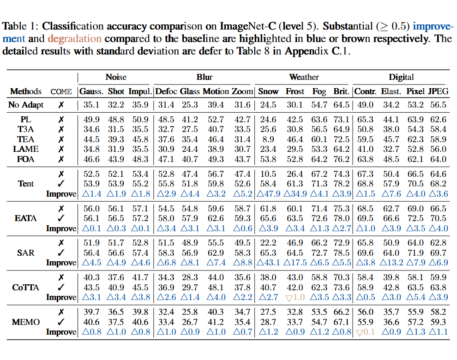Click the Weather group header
tap(304, 77)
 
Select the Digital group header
tap(401, 77)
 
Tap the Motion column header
tap(216, 91)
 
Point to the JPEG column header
tap(438, 91)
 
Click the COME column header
tap(61, 91)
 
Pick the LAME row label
tap(26, 149)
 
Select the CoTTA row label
tap(26, 288)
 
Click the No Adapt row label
tap(26, 105)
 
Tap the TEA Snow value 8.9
tap(271, 139)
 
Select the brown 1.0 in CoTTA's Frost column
tap(295, 297)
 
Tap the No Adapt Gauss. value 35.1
tap(92, 105)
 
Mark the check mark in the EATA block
tap(61, 218)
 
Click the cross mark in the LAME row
tap(61, 149)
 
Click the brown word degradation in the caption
tap(74, 39)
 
